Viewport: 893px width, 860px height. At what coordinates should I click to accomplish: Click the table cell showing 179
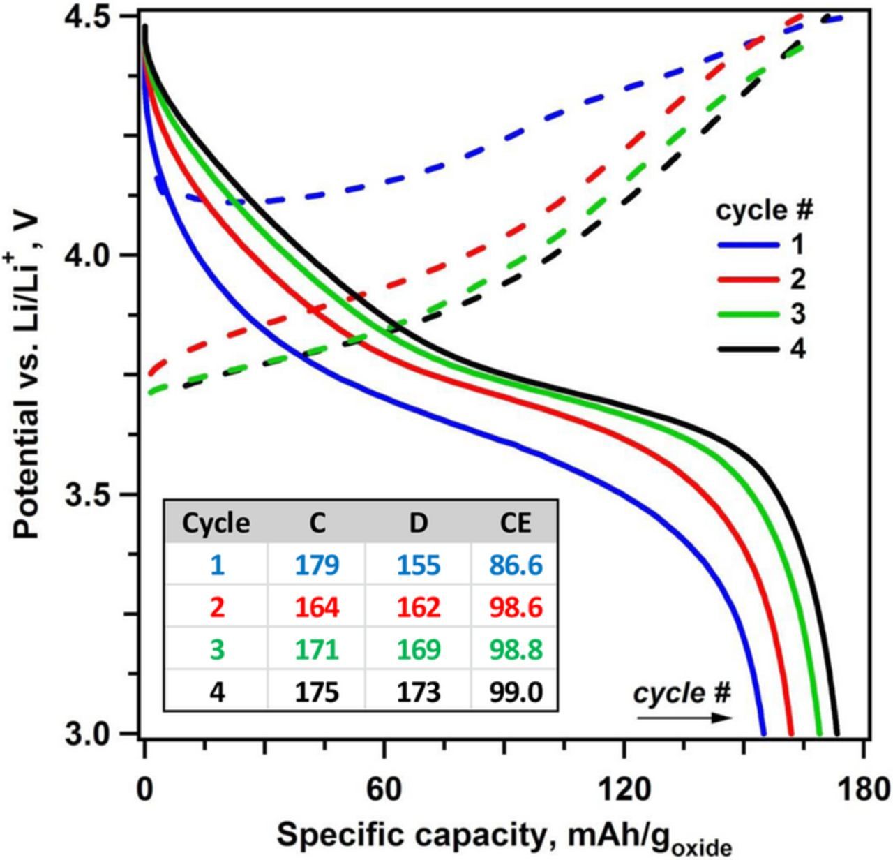click(x=317, y=565)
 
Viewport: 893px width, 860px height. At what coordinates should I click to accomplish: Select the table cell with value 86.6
click(x=516, y=565)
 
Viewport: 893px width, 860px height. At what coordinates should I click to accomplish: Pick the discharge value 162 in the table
click(x=417, y=607)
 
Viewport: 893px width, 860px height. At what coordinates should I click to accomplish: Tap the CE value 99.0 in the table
click(x=516, y=692)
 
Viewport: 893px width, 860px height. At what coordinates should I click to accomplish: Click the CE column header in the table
click(x=516, y=523)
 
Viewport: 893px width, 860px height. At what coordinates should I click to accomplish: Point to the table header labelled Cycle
click(x=216, y=523)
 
